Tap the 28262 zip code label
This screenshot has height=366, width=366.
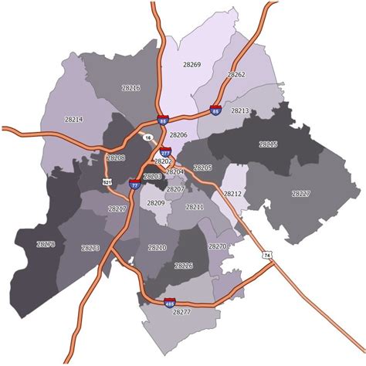[x=236, y=75]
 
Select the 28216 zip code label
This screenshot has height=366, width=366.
[x=130, y=88]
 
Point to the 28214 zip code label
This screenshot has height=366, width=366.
[x=73, y=119]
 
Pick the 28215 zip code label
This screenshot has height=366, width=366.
[x=267, y=144]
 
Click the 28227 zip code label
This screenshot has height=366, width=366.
[x=301, y=193]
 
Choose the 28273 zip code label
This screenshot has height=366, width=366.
[x=90, y=248]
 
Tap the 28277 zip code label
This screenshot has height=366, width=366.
[x=181, y=311]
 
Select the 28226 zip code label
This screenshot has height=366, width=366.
[x=184, y=266]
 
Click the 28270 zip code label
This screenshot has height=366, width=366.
[x=217, y=246]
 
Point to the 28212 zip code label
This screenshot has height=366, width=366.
[x=232, y=193]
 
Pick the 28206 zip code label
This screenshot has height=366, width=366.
[x=178, y=134]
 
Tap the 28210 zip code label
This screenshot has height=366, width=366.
[x=157, y=247]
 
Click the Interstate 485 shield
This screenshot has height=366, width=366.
[x=169, y=302]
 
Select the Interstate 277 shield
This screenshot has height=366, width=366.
[x=165, y=151]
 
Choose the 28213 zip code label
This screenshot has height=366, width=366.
[x=240, y=111]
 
